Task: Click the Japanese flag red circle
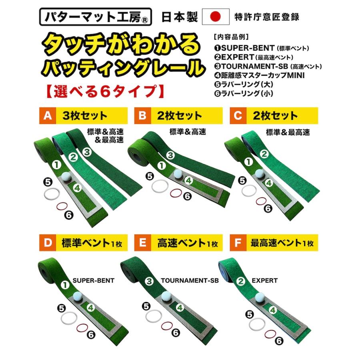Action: tap(216, 16)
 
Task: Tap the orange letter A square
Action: tap(48, 116)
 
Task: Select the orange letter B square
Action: tap(142, 116)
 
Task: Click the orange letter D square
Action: tap(47, 242)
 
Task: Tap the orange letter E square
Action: tap(142, 242)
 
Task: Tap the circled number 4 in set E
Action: tap(180, 307)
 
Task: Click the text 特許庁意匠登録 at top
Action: tap(267, 17)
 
